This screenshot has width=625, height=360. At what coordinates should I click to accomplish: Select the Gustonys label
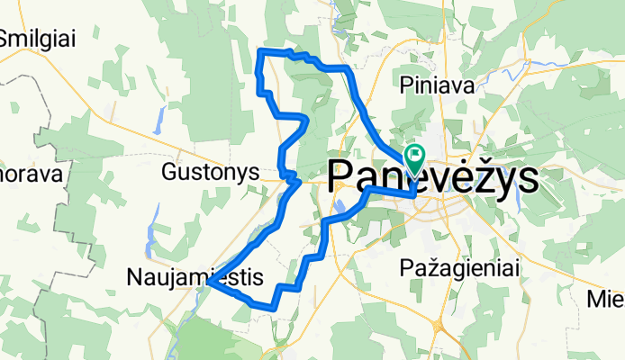211,171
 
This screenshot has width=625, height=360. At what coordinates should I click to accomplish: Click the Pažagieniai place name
446,268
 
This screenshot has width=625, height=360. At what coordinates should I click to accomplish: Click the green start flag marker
415,156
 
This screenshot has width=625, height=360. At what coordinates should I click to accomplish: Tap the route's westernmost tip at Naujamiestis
208,283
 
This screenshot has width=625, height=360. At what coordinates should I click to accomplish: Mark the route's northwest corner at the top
261,51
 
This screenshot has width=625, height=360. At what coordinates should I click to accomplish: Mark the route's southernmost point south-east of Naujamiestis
270,309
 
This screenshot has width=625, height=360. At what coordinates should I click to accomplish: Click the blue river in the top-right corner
549,65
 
